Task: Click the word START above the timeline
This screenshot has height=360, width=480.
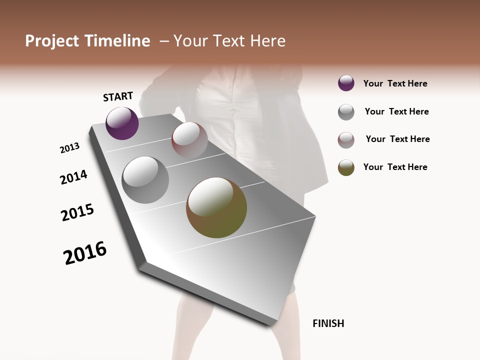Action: tap(118, 96)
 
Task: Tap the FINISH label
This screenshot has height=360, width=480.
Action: tap(328, 323)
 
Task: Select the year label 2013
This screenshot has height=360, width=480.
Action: tap(69, 148)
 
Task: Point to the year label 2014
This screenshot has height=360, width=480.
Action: tap(73, 177)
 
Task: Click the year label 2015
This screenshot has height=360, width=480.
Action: tap(77, 212)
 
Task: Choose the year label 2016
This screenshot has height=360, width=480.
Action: tap(85, 253)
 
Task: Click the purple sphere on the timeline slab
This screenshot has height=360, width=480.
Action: tap(122, 123)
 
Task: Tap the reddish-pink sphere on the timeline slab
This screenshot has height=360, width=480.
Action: tap(189, 139)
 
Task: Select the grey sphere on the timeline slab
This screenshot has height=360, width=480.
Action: tap(145, 179)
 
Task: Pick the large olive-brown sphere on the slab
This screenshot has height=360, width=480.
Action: tap(216, 207)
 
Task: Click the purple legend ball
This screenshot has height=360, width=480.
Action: tap(346, 83)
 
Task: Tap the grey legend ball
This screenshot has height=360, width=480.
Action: tap(346, 112)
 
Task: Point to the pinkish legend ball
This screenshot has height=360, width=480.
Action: tap(346, 140)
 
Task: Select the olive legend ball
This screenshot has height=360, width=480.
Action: tap(346, 167)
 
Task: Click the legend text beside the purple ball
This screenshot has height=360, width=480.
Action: tap(395, 83)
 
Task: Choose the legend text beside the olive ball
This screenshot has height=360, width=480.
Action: tap(395, 167)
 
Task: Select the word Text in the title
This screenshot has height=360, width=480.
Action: tap(229, 41)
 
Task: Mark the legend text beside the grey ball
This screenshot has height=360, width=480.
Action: tap(396, 111)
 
